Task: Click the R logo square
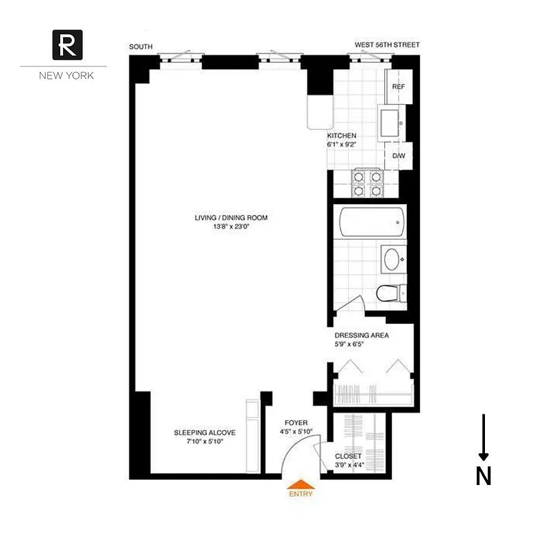coord(68,45)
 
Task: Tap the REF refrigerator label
coord(398,88)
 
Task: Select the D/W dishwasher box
coord(398,155)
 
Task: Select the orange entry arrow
coord(300,484)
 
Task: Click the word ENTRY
coord(300,494)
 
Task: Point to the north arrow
coord(484,438)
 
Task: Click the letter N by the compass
coord(484,476)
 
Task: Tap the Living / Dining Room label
coord(231,219)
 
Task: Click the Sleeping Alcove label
coord(205,433)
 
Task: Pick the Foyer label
coord(297,423)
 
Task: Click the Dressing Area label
coord(362,336)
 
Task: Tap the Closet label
coord(348,456)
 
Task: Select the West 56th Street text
coord(387,45)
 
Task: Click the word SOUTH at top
coord(141,47)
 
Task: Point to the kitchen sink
coord(393,122)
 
